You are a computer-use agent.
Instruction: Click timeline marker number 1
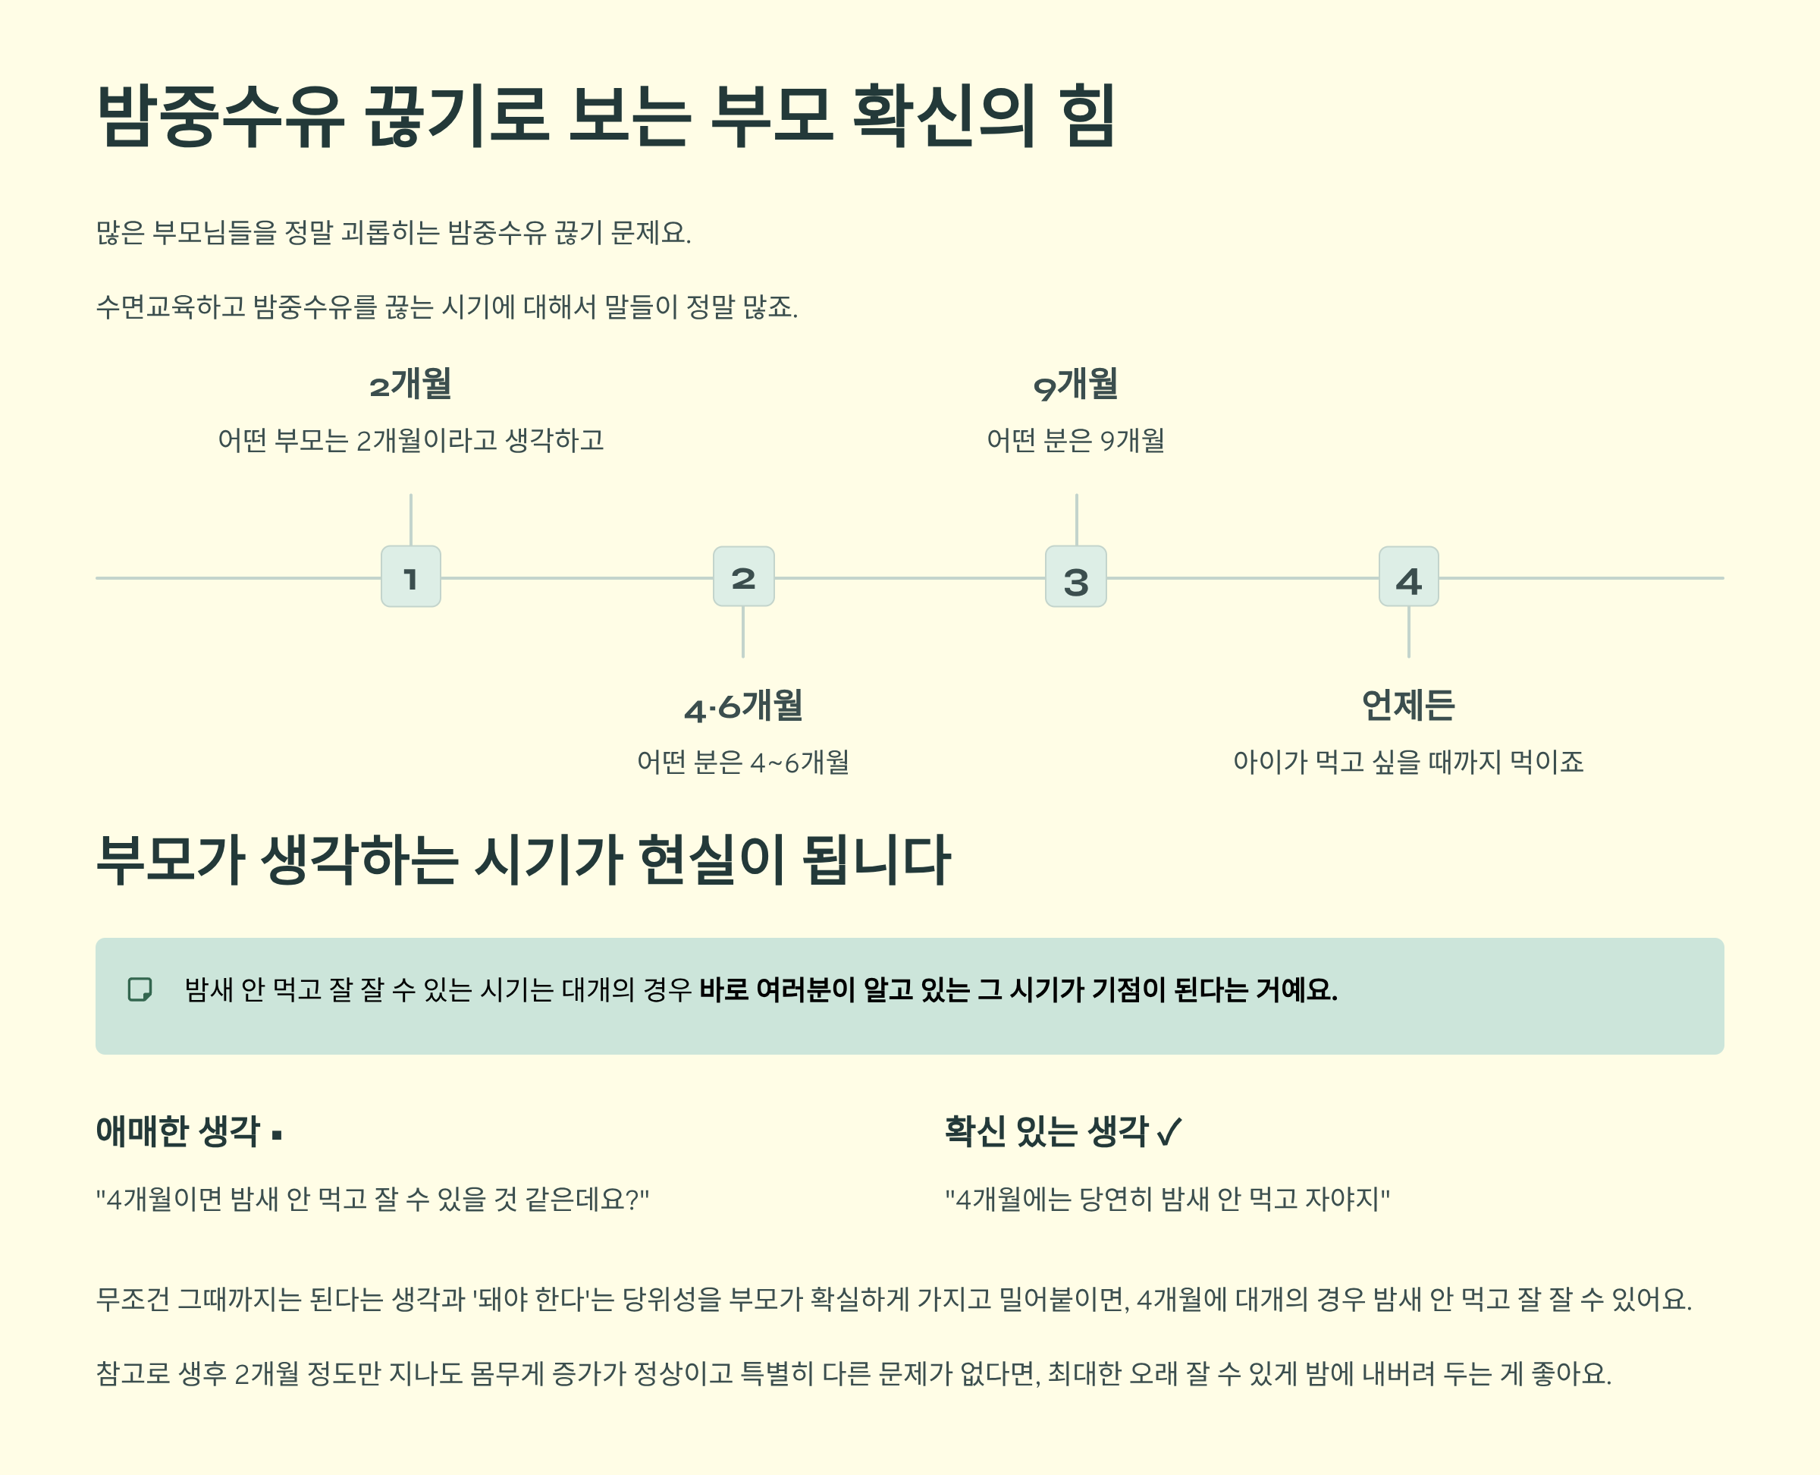click(x=410, y=577)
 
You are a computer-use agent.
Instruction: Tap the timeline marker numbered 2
click(x=743, y=577)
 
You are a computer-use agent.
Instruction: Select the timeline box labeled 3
click(x=1075, y=577)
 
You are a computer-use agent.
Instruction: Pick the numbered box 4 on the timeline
click(x=1408, y=577)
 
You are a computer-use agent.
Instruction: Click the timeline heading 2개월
click(x=410, y=385)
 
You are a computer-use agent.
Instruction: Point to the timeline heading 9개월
click(x=1075, y=385)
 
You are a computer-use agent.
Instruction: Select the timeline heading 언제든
click(x=1408, y=705)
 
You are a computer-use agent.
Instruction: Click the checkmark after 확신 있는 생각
click(x=1169, y=1132)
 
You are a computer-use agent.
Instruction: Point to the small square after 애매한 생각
click(x=277, y=1134)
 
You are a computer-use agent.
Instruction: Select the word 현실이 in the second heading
click(x=711, y=860)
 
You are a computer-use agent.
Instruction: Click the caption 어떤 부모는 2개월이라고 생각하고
click(x=410, y=440)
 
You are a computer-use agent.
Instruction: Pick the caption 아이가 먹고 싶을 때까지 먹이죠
click(x=1408, y=761)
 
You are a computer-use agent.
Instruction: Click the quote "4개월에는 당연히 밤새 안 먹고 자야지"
click(x=1167, y=1199)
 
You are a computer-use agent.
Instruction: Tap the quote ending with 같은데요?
click(x=372, y=1199)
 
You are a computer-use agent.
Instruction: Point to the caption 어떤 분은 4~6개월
click(x=743, y=762)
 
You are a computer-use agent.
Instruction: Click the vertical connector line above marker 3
click(x=1076, y=519)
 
